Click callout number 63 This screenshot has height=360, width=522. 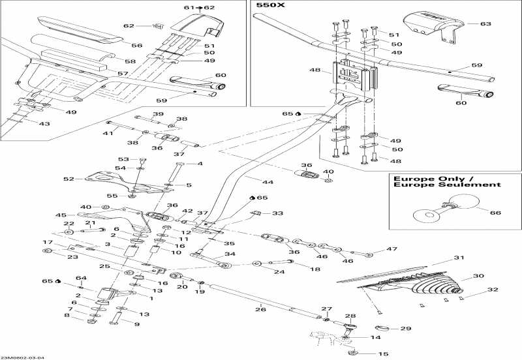[x=485, y=23]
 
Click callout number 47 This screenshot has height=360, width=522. [x=391, y=249]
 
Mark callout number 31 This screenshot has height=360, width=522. [x=458, y=257]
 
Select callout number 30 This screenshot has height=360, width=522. [x=478, y=276]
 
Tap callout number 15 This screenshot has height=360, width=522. [x=382, y=354]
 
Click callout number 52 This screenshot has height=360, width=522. [x=67, y=179]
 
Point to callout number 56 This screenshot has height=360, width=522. [x=136, y=46]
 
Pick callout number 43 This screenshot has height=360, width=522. [x=44, y=124]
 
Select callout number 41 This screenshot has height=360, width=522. [x=107, y=133]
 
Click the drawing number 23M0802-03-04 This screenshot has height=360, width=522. [x=23, y=356]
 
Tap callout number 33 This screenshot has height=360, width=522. [x=278, y=213]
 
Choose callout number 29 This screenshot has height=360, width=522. [x=405, y=328]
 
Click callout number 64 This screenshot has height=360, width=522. [x=81, y=278]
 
